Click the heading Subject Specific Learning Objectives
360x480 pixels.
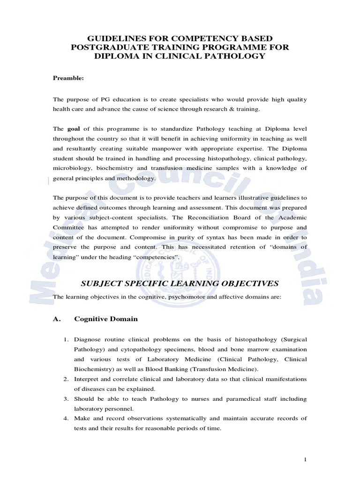tap(180, 283)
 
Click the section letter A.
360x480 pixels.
tap(57, 319)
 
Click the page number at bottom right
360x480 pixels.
tap(305, 460)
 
